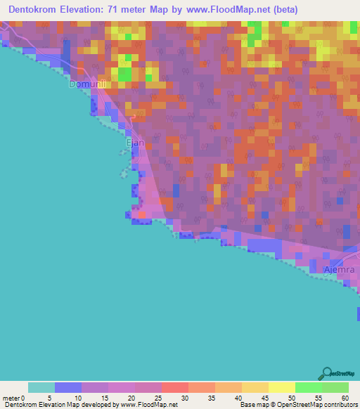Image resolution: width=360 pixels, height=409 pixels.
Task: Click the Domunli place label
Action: [x=86, y=84]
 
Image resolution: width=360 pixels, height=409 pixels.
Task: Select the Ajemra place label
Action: [x=340, y=270]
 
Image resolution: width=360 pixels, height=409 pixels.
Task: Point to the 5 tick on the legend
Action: [x=54, y=397]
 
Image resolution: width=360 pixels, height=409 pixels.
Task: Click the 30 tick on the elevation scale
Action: [x=188, y=397]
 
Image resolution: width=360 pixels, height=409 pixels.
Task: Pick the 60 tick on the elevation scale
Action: [x=347, y=397]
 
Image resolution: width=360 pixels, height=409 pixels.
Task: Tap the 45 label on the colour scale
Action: [x=268, y=397]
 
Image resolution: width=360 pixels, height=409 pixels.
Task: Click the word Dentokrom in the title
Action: [x=34, y=10]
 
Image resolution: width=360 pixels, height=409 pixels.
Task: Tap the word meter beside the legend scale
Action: [x=12, y=397]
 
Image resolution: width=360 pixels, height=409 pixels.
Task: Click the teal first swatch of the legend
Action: [x=41, y=387]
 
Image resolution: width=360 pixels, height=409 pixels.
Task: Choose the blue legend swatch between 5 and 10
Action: [x=67, y=387]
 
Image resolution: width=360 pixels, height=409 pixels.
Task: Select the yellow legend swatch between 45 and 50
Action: [x=281, y=387]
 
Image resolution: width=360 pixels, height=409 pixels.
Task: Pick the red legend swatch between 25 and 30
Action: [x=174, y=387]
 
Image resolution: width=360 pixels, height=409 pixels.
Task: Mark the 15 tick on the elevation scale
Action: [x=108, y=397]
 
